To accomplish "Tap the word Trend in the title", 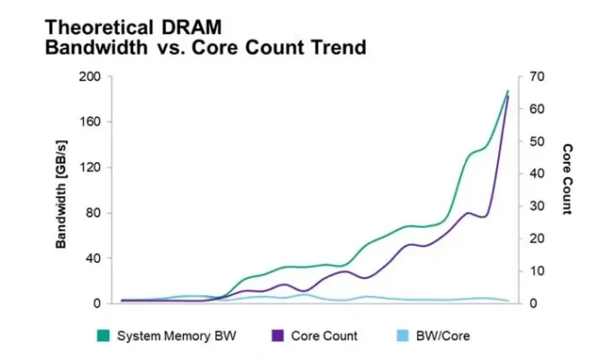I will tap(337, 48).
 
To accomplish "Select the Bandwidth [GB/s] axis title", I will tap(61, 191).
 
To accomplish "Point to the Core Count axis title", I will tap(568, 179).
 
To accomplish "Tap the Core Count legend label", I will tap(325, 336).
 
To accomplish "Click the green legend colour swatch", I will tap(103, 336).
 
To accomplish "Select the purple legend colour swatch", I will tap(277, 336).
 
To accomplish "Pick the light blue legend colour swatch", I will tap(403, 336).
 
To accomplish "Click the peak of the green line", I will tap(508, 91).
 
